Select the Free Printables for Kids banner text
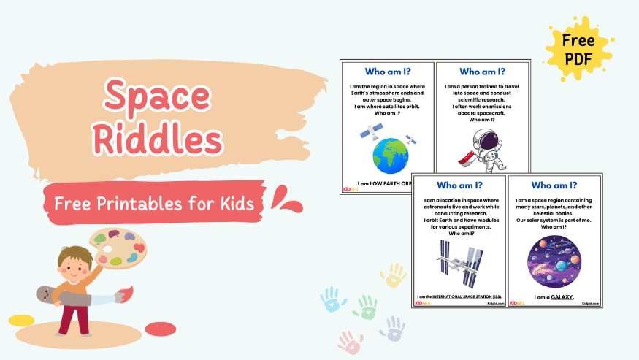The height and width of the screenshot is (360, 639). [x=154, y=204]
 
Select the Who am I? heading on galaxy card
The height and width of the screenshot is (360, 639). [x=554, y=185]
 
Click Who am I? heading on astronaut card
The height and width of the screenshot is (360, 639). [x=482, y=72]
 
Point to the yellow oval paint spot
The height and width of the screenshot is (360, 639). [x=21, y=320]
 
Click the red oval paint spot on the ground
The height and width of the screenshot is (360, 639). [x=161, y=329]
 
